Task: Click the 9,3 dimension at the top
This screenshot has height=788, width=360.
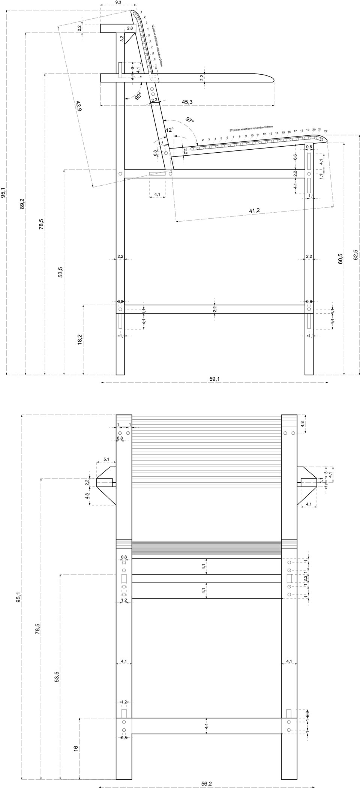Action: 118,3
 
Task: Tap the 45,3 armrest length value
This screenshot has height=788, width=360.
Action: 187,102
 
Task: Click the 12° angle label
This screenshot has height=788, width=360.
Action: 169,130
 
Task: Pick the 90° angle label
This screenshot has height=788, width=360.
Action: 138,96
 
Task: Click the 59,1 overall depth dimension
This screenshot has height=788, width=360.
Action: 214,379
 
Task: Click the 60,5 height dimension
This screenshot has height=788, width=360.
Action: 340,259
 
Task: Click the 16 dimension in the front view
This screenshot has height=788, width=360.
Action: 76,747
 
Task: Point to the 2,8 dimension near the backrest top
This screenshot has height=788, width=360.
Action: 130,29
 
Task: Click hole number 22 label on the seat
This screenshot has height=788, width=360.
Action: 325,131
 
